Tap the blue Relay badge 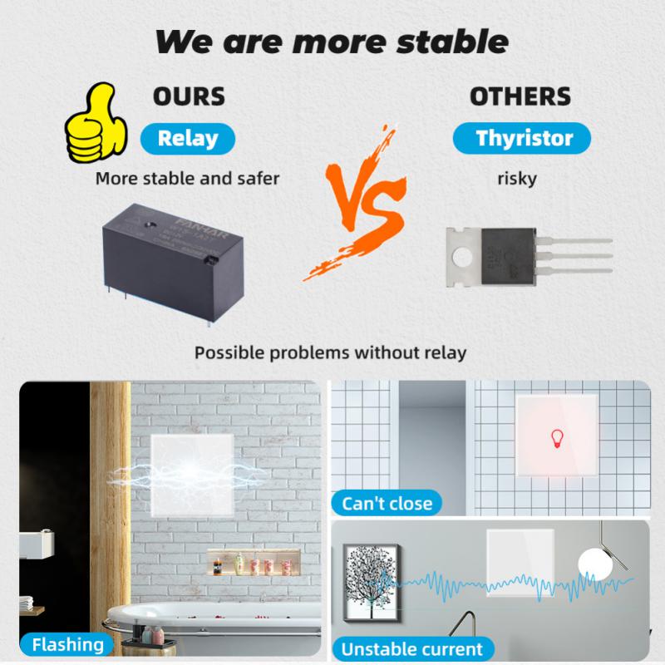tap(187, 137)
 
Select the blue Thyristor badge tap(523, 138)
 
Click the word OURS tap(189, 96)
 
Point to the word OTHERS tap(520, 96)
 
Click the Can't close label tap(387, 502)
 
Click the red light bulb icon tap(556, 438)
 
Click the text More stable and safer tap(187, 177)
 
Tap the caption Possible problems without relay tap(331, 352)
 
